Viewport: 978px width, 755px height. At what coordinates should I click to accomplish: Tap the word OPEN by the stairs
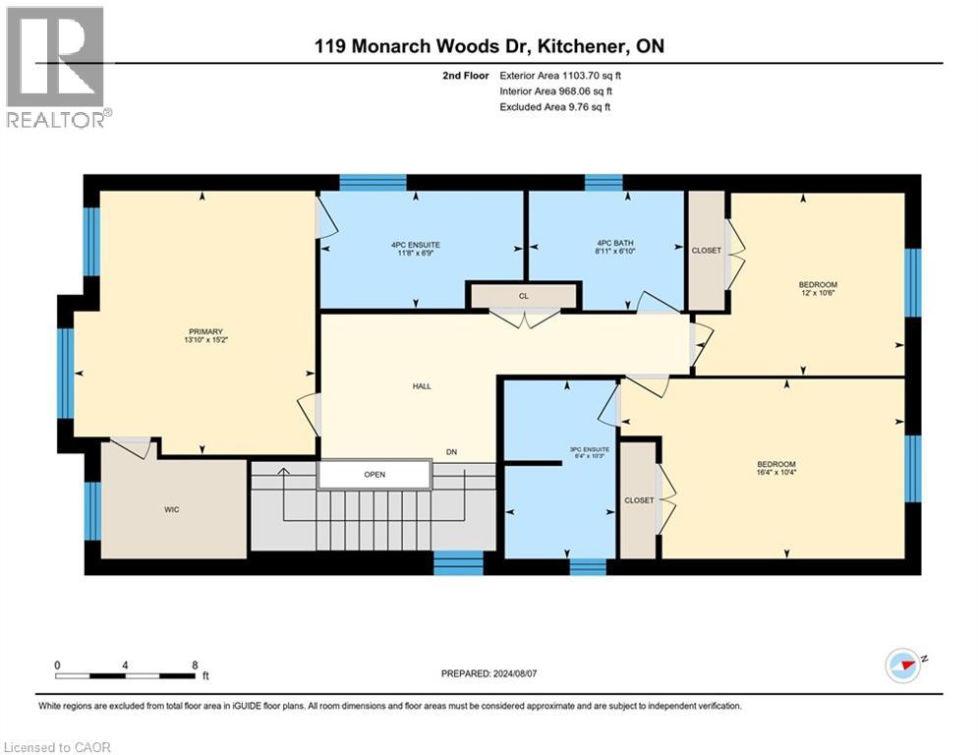pos(374,474)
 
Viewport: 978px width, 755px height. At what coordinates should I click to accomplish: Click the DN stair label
pos(451,452)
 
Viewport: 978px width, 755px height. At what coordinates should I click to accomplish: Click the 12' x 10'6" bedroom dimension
pos(818,293)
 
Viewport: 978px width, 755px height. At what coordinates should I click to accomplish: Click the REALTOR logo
pos(57,67)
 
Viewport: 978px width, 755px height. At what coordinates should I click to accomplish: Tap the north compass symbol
pos(904,664)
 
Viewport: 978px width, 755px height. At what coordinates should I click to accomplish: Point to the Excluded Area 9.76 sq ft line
pos(555,106)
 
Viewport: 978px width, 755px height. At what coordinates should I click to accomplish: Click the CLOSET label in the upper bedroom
pos(706,250)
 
